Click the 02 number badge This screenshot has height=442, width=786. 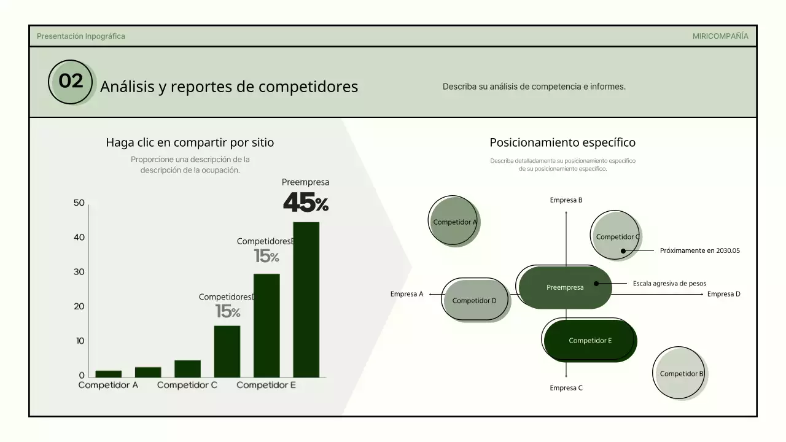coord(71,82)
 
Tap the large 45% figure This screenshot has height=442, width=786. coord(305,203)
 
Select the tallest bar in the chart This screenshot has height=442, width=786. coord(306,299)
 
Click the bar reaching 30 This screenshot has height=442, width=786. coord(267,325)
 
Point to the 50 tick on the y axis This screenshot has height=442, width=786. coord(79,203)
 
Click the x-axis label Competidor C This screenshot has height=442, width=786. coord(187,385)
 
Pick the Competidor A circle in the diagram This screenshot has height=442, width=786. coord(454,222)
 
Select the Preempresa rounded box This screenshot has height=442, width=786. coord(565,287)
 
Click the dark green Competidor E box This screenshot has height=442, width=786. coord(589,341)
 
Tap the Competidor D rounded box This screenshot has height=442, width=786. coord(475,300)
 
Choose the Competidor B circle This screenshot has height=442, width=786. coord(680,373)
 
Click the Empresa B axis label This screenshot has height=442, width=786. coord(566,200)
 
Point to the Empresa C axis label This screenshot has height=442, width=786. coord(566,388)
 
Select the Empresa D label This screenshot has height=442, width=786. coord(723,294)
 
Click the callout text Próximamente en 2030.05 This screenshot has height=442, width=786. coord(699,250)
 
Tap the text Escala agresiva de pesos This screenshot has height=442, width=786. coord(669,284)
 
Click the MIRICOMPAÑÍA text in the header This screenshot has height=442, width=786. coord(720,36)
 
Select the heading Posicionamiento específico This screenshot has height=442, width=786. coord(562,142)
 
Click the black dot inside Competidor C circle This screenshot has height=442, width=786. coord(623,250)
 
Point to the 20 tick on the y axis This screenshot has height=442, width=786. coord(79,306)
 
